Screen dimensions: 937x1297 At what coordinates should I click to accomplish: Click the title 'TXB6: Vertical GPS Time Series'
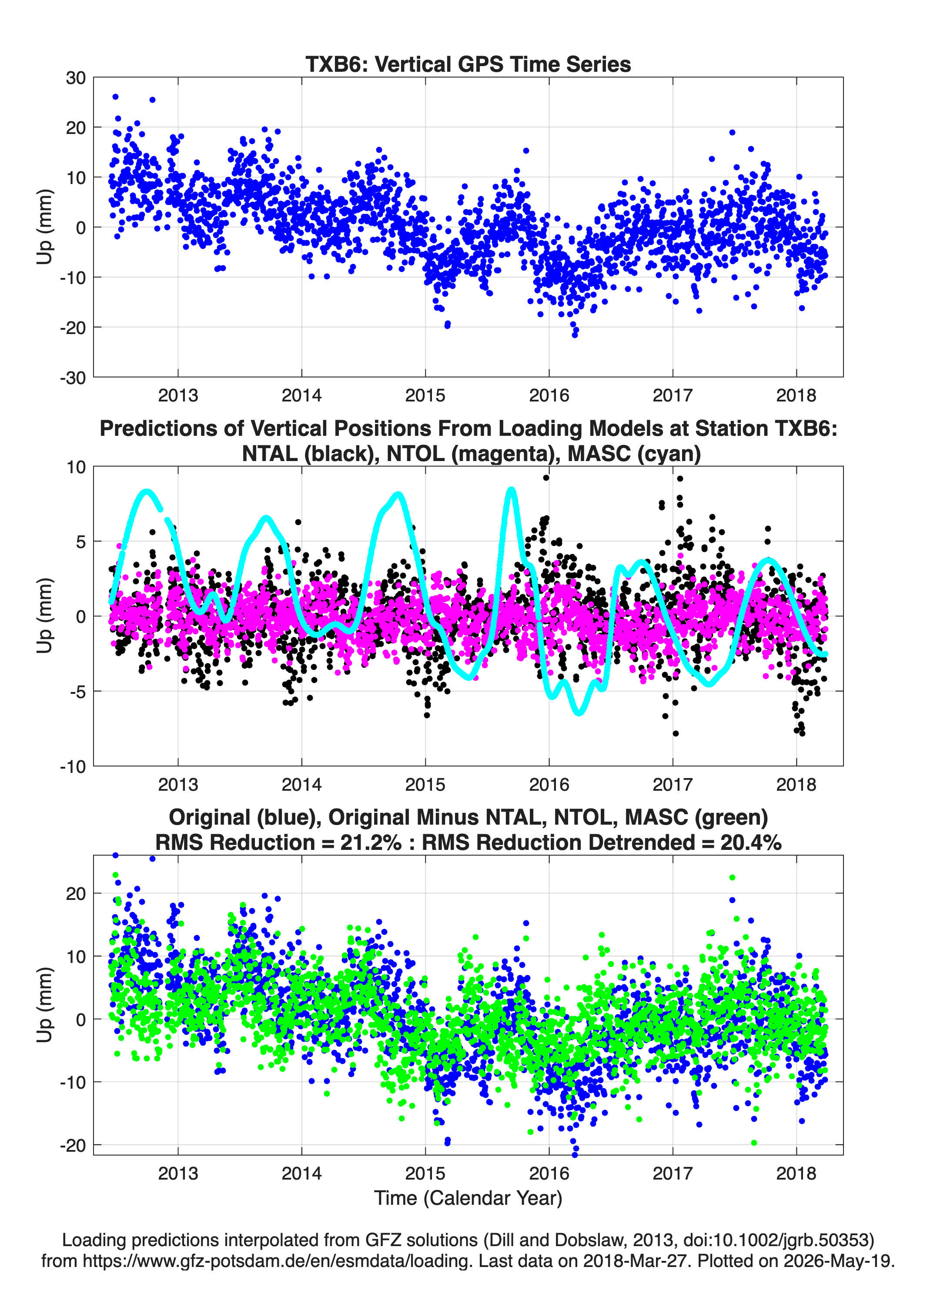(x=468, y=64)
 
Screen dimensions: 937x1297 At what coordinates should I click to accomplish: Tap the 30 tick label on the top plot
(x=76, y=78)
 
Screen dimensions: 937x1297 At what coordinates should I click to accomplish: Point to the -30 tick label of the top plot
(x=73, y=378)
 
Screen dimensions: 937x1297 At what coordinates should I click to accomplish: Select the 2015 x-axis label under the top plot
(x=425, y=395)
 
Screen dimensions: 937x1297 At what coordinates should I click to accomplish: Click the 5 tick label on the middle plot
(x=80, y=542)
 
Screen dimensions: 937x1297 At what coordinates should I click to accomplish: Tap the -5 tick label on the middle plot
(x=77, y=692)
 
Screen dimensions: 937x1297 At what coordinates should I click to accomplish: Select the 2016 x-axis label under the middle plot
(x=549, y=784)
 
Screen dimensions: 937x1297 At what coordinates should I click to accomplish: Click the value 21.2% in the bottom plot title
(x=371, y=842)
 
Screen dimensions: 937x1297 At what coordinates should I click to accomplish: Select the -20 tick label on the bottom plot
(x=73, y=1146)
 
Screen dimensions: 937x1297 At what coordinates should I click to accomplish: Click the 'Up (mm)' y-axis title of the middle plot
(x=45, y=616)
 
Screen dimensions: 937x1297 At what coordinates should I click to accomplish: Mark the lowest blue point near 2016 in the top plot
(x=575, y=335)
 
